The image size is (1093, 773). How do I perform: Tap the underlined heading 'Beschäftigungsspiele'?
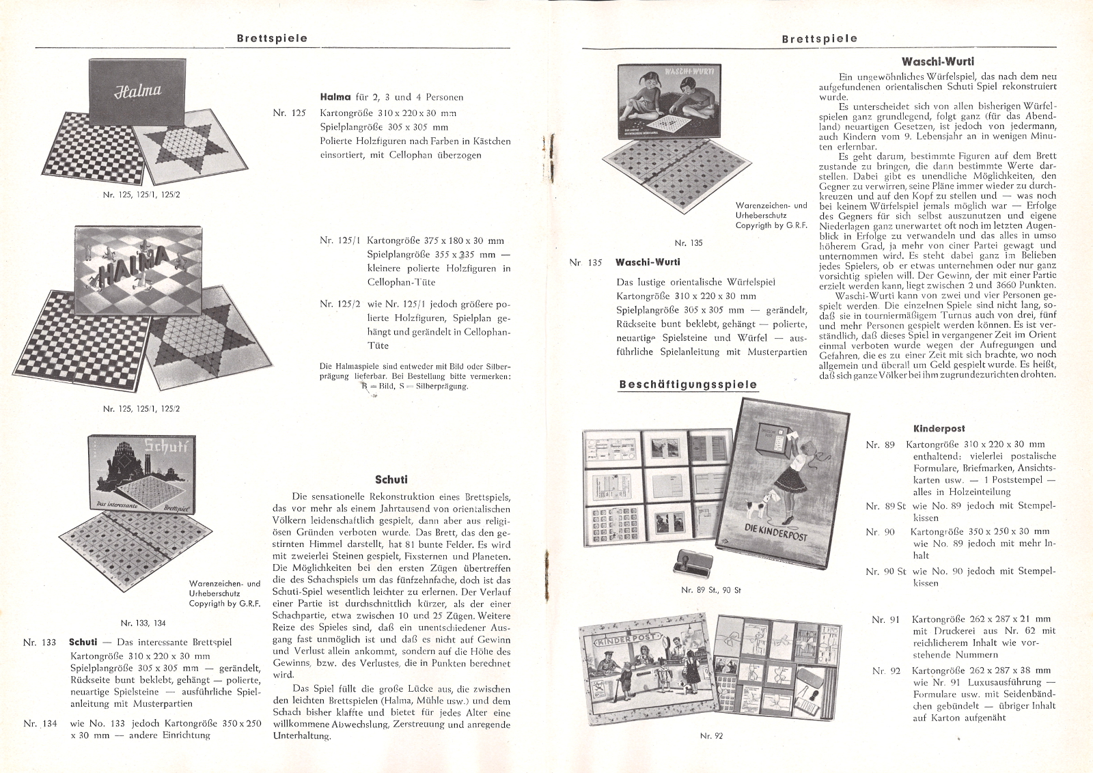(688, 384)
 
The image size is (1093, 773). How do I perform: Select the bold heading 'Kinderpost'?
(939, 429)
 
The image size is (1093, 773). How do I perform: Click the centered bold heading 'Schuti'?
(391, 479)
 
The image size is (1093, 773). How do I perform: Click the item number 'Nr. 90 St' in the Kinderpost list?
(885, 571)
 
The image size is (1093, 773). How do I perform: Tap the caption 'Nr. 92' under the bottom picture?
(711, 735)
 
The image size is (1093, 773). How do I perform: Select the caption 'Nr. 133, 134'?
(143, 623)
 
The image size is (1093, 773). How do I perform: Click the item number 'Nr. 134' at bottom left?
(40, 723)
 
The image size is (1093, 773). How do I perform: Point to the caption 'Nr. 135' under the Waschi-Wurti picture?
(688, 242)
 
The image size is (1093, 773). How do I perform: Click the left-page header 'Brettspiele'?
(272, 38)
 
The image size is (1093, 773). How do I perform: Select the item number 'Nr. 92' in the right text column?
(887, 671)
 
